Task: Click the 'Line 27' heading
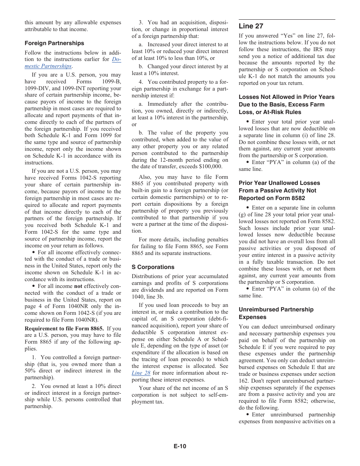(251, 26)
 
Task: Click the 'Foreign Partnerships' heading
(55, 43)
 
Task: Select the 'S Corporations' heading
(153, 267)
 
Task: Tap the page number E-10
(180, 446)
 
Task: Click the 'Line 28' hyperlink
(141, 373)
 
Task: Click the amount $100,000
(212, 167)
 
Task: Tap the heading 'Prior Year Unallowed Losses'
(279, 183)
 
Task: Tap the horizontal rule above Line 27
(287, 19)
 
